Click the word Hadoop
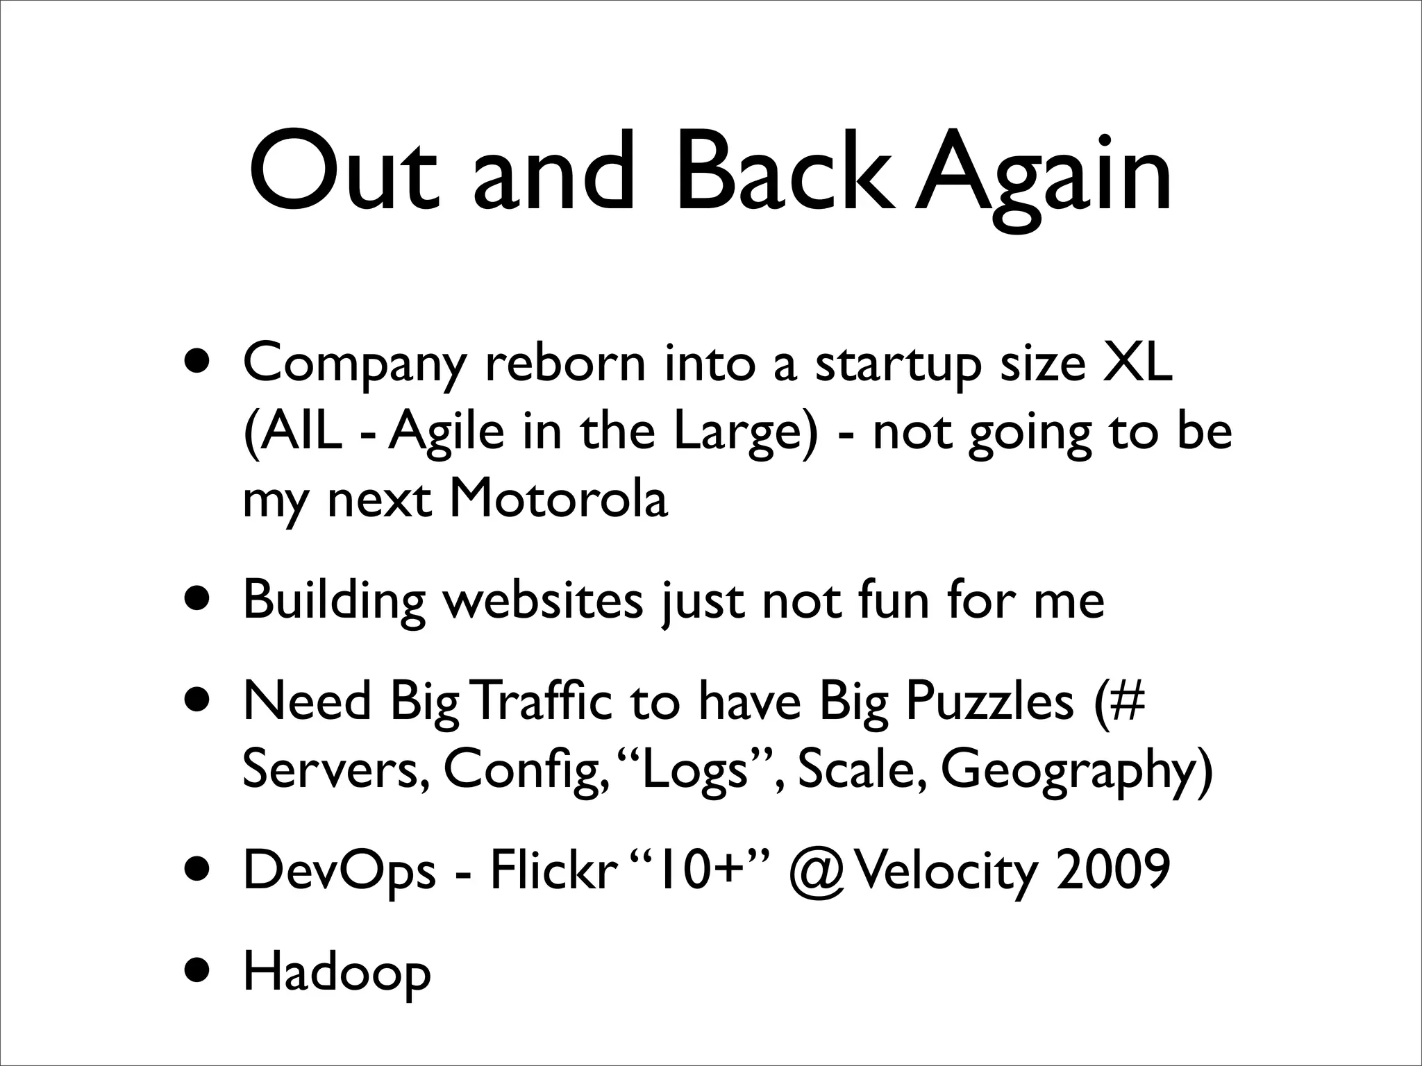pos(337,973)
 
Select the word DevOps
pos(339,871)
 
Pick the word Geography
pos(1076,770)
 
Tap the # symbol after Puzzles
pos(1127,701)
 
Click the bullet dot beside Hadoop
pos(199,973)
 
